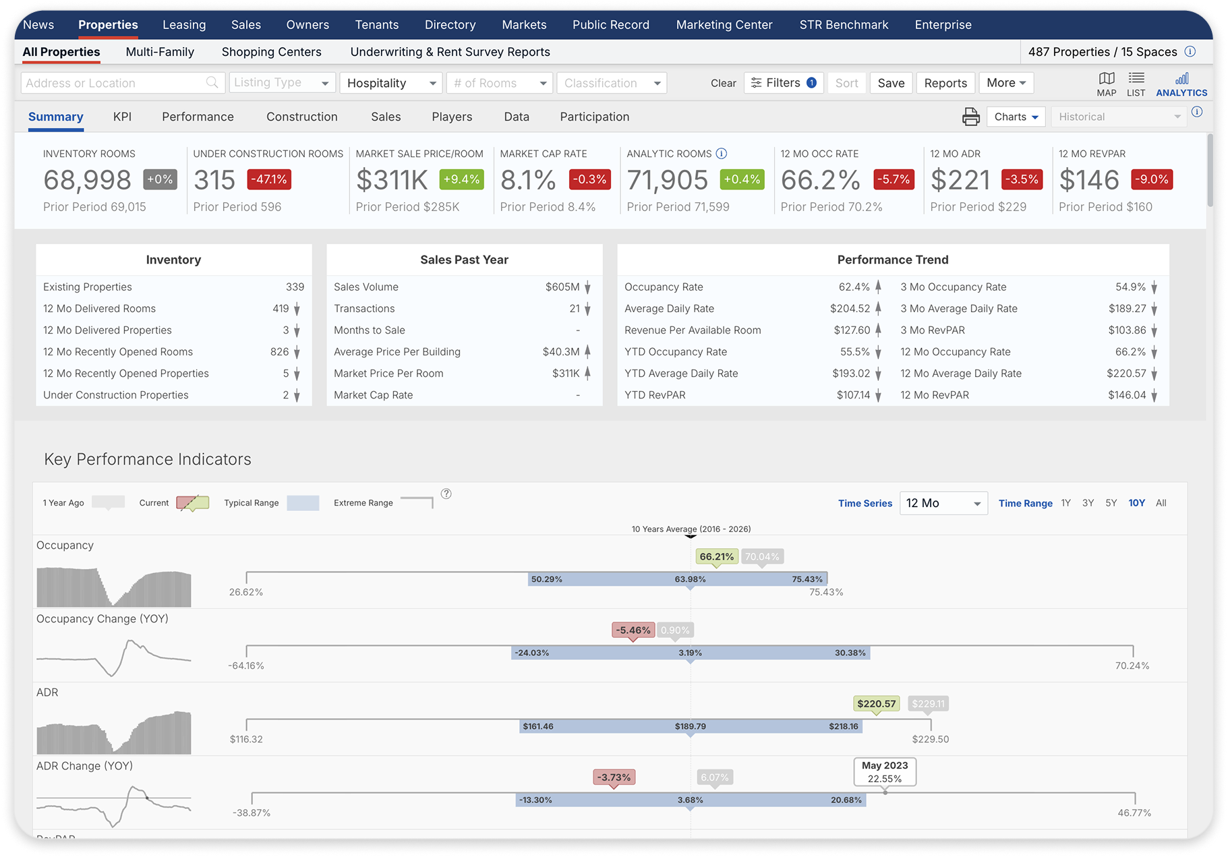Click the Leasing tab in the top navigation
[x=184, y=25]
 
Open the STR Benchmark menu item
[x=844, y=25]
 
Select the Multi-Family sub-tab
[x=160, y=52]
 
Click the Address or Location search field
[x=115, y=83]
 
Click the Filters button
[x=784, y=83]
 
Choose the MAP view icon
[x=1106, y=84]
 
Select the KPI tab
[x=122, y=117]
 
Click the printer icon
[x=970, y=117]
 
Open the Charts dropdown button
[x=1016, y=117]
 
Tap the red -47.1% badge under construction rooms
[x=270, y=179]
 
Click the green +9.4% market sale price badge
[x=461, y=179]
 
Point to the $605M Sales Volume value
[x=562, y=287]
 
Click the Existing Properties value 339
[x=295, y=287]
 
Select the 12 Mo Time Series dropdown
[x=943, y=503]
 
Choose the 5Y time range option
[x=1111, y=503]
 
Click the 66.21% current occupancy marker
[x=716, y=557]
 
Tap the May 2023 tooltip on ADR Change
[x=885, y=772]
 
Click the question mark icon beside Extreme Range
[x=446, y=494]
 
